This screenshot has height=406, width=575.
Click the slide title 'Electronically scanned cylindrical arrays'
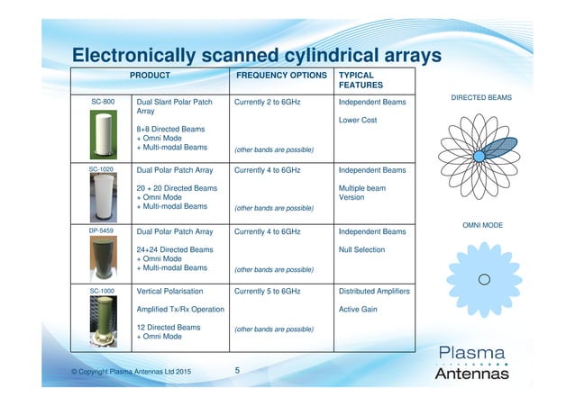click(x=256, y=56)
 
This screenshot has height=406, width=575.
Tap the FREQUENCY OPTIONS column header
click(x=280, y=76)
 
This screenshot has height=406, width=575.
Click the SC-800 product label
click(x=104, y=103)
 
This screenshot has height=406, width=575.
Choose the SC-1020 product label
click(x=104, y=168)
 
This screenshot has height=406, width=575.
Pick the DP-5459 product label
click(x=104, y=231)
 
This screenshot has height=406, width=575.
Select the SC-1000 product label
click(x=104, y=292)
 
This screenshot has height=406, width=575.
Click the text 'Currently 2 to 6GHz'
click(x=268, y=103)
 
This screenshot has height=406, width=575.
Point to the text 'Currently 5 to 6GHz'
click(x=268, y=292)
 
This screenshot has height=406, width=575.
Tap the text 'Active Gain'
click(x=358, y=310)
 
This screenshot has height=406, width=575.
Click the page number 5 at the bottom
click(x=237, y=370)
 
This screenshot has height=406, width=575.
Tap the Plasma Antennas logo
click(x=471, y=362)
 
